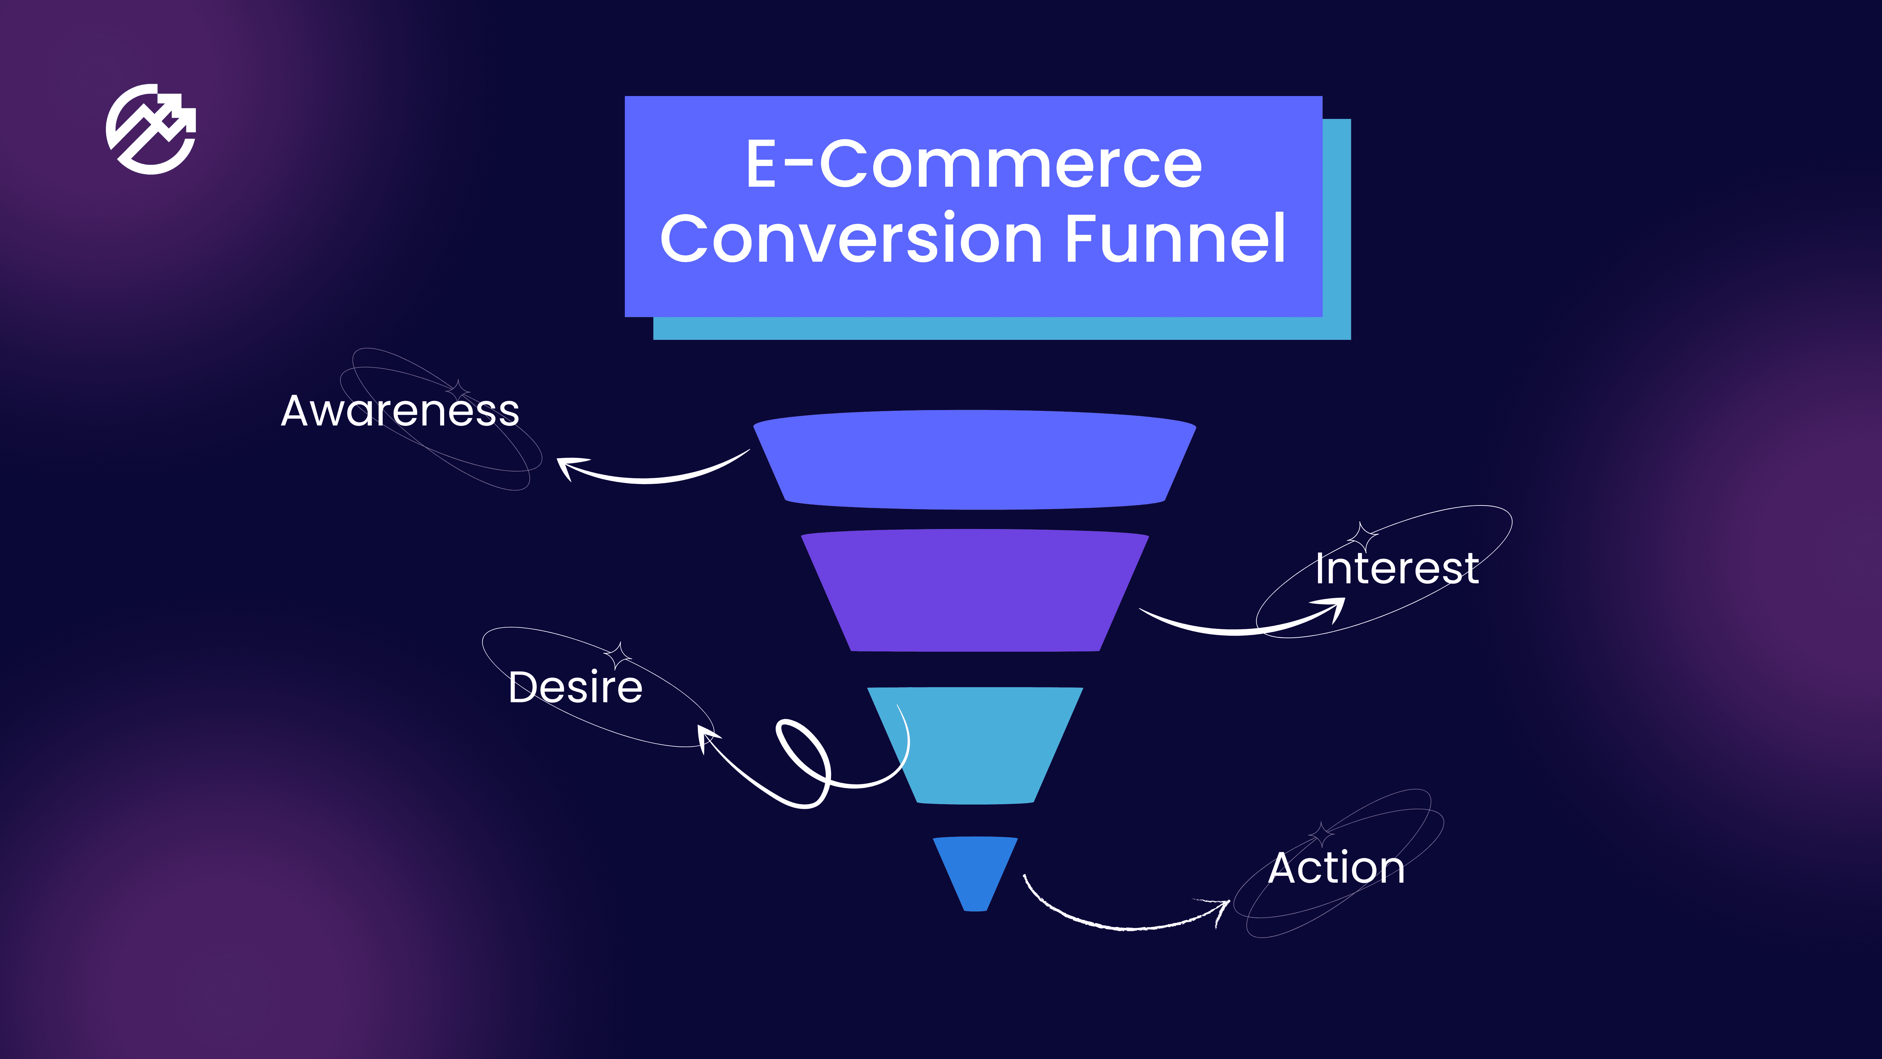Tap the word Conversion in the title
pyautogui.click(x=851, y=239)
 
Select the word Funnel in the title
pyautogui.click(x=1175, y=239)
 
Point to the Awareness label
pyautogui.click(x=400, y=411)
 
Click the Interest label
pyautogui.click(x=1397, y=569)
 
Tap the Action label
pyautogui.click(x=1336, y=868)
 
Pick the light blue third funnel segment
pyautogui.click(x=975, y=744)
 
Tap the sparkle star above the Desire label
pyautogui.click(x=618, y=655)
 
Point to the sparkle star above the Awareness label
pyautogui.click(x=457, y=389)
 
